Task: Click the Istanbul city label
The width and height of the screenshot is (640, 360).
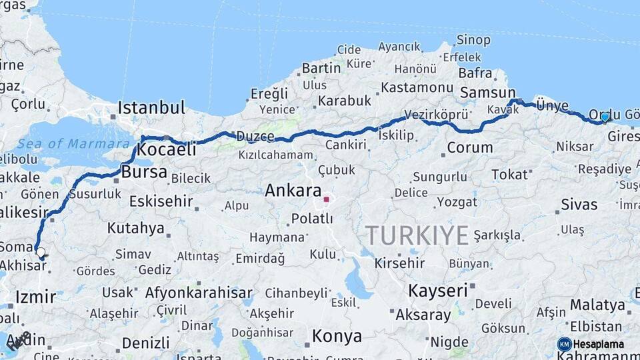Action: (x=151, y=108)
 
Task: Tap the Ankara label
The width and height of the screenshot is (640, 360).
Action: (x=293, y=191)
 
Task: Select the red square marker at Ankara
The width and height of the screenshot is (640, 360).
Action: (x=326, y=199)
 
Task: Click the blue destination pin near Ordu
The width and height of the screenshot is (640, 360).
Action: (x=605, y=117)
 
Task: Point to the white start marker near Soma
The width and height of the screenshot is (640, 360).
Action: (x=41, y=253)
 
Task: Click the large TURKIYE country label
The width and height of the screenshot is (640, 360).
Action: (x=417, y=235)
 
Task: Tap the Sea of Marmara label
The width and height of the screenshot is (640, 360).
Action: (x=73, y=144)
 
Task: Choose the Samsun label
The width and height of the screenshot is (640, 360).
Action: (x=488, y=93)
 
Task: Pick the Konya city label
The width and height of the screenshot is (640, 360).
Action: (x=337, y=337)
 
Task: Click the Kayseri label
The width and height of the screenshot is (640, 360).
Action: (x=437, y=291)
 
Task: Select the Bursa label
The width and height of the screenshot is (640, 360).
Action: (x=144, y=172)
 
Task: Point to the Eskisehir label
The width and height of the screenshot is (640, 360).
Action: (x=161, y=201)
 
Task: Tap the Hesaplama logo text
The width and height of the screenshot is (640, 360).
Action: (x=599, y=344)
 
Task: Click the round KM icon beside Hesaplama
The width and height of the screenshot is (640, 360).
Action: (x=564, y=344)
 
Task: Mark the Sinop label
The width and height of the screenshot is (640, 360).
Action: (x=475, y=39)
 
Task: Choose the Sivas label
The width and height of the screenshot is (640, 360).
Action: (x=579, y=204)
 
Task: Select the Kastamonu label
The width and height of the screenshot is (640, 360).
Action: (x=417, y=87)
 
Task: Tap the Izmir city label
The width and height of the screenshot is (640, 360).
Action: (x=35, y=297)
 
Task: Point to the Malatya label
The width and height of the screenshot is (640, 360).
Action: (x=597, y=305)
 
